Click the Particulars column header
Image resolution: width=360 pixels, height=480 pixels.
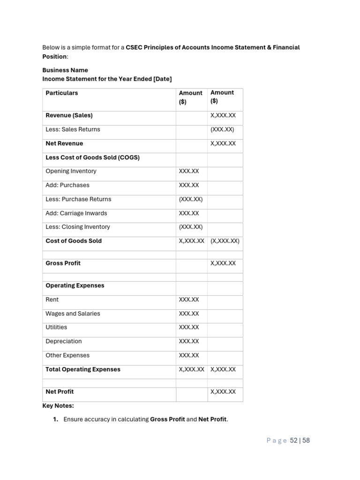click(x=62, y=93)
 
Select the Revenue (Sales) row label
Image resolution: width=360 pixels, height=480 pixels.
click(x=69, y=115)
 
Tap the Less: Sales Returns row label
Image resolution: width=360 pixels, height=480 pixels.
click(x=73, y=129)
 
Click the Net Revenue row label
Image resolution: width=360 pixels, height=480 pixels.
click(x=64, y=143)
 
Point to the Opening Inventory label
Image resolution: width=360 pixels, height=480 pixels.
click(x=71, y=171)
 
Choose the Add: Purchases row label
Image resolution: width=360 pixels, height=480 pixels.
click(x=67, y=185)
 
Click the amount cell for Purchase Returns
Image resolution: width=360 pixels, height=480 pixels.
click(x=191, y=199)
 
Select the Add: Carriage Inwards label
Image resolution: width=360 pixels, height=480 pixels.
click(x=76, y=213)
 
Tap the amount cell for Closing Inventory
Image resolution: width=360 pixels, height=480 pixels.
click(x=191, y=227)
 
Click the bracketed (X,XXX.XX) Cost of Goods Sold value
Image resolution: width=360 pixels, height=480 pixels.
click(x=225, y=241)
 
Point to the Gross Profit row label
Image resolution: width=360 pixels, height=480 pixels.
click(x=63, y=263)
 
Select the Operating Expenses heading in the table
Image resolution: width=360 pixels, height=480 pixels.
click(x=75, y=285)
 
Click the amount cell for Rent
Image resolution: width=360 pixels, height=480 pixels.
click(x=189, y=300)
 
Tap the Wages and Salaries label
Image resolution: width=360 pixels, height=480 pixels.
click(x=73, y=314)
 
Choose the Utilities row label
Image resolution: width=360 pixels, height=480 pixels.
click(x=56, y=327)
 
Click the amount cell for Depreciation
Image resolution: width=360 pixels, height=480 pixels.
click(x=189, y=341)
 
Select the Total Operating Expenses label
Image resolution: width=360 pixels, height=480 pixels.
click(x=83, y=369)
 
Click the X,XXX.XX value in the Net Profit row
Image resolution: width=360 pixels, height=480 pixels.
click(x=223, y=392)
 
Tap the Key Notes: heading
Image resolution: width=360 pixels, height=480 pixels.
click(x=58, y=405)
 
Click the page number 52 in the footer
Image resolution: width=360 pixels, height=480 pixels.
click(x=293, y=441)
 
